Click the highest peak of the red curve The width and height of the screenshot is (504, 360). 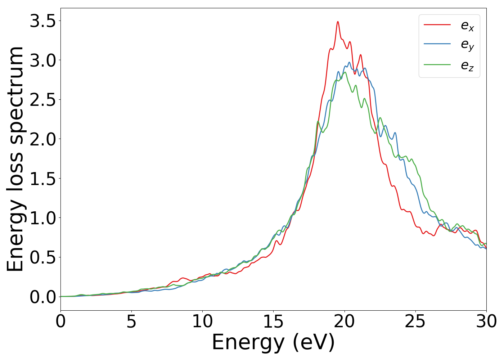(x=338, y=22)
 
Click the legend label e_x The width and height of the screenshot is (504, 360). (x=467, y=26)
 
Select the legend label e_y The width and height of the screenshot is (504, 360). (x=467, y=45)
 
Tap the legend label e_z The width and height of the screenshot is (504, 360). (x=467, y=66)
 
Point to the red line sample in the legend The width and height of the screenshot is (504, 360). (x=437, y=24)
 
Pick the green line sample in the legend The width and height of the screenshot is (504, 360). (x=437, y=64)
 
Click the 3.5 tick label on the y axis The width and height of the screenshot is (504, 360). (x=42, y=21)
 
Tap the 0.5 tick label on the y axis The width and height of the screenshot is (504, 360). (x=42, y=257)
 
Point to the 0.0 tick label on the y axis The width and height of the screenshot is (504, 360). (x=42, y=297)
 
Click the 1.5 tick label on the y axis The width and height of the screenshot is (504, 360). (x=42, y=179)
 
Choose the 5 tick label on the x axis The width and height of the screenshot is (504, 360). (x=131, y=321)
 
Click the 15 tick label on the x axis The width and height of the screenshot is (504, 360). (x=273, y=321)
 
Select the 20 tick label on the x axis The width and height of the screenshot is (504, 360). (x=345, y=321)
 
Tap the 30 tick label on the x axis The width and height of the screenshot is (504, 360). (x=486, y=321)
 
